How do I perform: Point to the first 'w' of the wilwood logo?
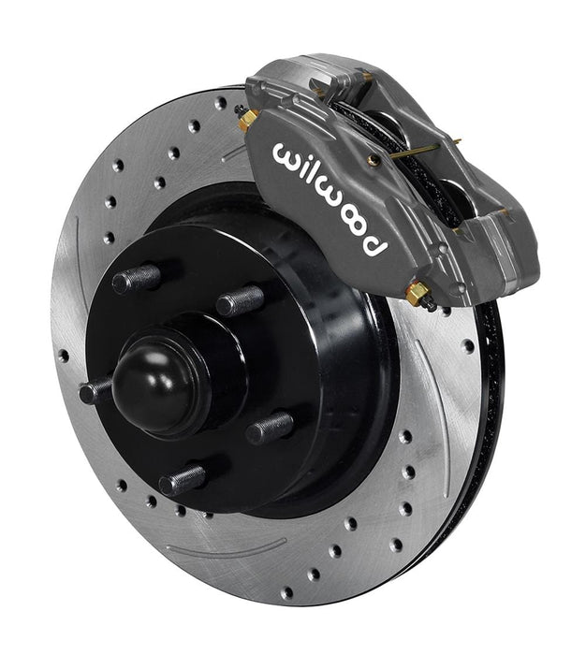pyautogui.click(x=288, y=155)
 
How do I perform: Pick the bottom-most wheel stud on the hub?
pyautogui.click(x=181, y=481)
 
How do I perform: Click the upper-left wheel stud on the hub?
pyautogui.click(x=136, y=278)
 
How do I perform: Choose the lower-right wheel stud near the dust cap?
pyautogui.click(x=269, y=427)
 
